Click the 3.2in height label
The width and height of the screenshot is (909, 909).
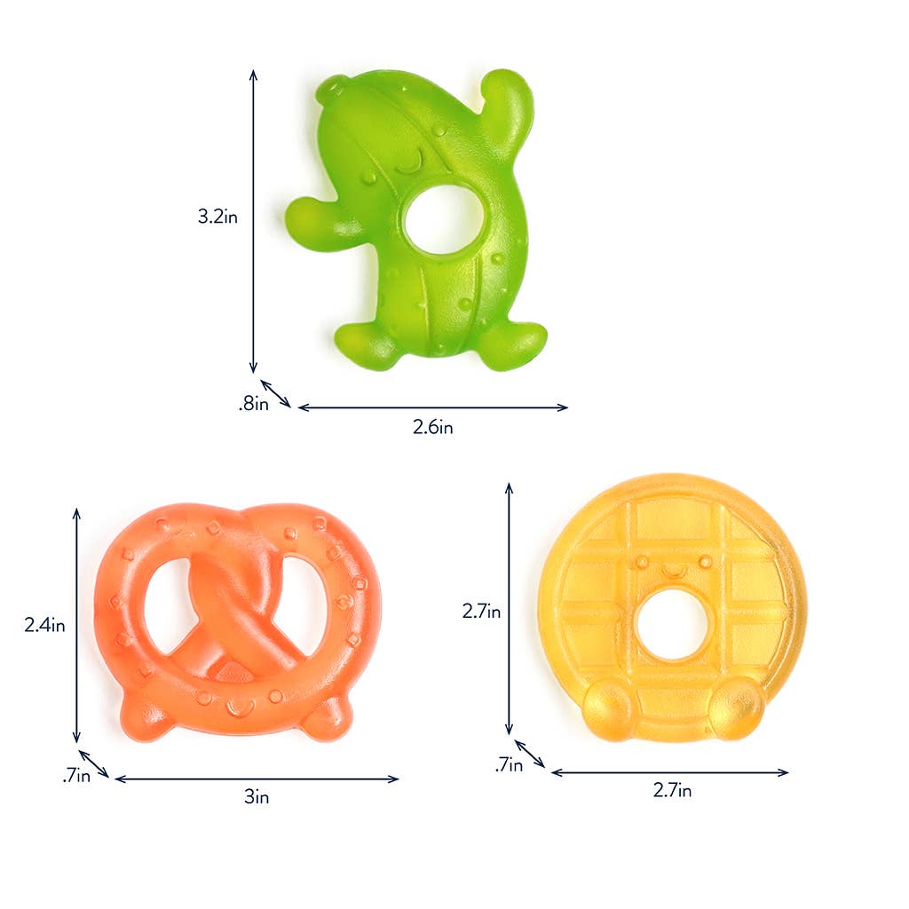click(217, 215)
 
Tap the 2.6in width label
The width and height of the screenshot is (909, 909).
click(433, 428)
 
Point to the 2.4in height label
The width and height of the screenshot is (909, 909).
click(44, 625)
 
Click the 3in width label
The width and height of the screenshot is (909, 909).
click(257, 797)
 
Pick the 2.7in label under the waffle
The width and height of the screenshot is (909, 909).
click(672, 790)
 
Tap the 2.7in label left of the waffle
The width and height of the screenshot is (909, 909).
click(481, 612)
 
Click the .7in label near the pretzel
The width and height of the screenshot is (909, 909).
click(76, 777)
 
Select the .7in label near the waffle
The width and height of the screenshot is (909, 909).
click(509, 763)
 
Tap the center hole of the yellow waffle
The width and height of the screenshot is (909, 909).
click(671, 624)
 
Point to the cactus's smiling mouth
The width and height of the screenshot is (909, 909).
click(409, 164)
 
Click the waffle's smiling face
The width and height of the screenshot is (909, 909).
click(671, 566)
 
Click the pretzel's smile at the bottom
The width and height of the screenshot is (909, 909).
click(238, 708)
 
